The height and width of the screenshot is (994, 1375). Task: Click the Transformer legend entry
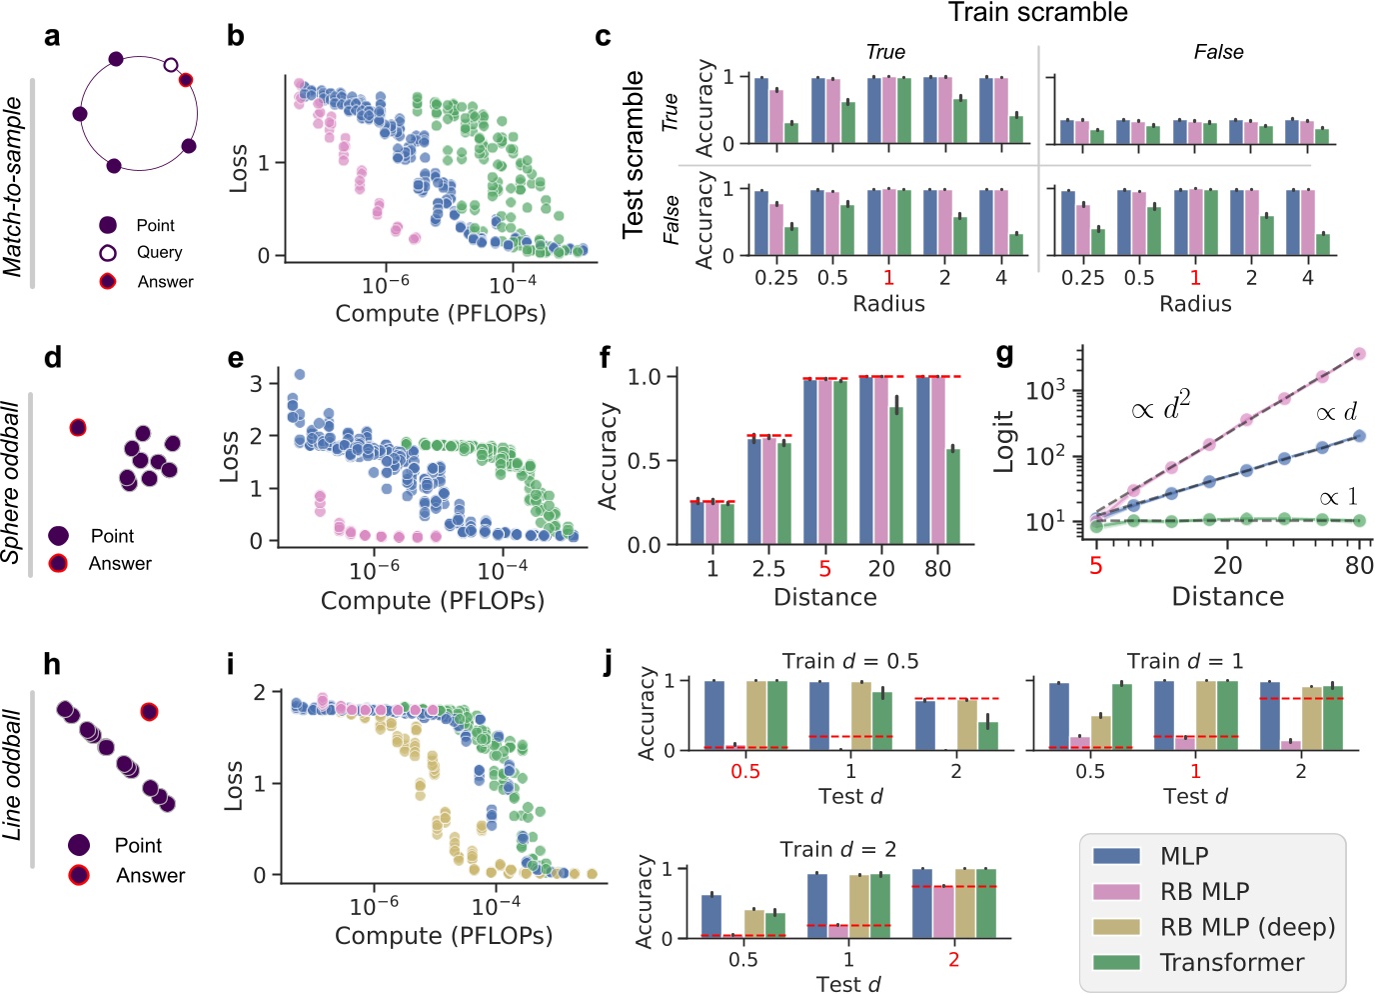click(1231, 962)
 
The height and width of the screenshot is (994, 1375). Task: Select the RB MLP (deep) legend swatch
click(1116, 927)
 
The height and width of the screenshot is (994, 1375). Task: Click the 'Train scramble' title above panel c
click(1037, 13)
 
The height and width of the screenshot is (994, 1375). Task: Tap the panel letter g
click(1005, 354)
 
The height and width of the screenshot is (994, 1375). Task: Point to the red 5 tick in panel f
click(824, 568)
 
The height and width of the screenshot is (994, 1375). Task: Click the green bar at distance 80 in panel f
click(953, 496)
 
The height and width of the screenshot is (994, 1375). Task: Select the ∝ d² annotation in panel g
click(1160, 408)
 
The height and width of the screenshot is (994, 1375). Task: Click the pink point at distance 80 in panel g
click(1359, 354)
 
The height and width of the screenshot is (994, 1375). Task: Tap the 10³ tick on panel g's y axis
click(1045, 390)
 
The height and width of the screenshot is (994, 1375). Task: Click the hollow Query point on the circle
click(171, 65)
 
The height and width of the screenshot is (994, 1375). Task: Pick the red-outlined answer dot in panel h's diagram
click(149, 712)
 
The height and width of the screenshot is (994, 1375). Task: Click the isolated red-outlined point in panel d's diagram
click(78, 428)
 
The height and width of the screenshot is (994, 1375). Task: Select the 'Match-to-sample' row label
click(13, 186)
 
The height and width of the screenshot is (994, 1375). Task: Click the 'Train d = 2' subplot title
click(837, 849)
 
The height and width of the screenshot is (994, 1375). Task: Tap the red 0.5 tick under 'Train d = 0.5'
click(744, 771)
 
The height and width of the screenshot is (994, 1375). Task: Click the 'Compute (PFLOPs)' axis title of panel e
click(432, 600)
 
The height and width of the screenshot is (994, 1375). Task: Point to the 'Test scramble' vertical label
click(634, 154)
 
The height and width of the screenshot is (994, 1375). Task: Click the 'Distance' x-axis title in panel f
click(824, 597)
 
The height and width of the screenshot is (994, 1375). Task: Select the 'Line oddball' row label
click(13, 775)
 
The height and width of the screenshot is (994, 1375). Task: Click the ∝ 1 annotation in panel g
click(1338, 497)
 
